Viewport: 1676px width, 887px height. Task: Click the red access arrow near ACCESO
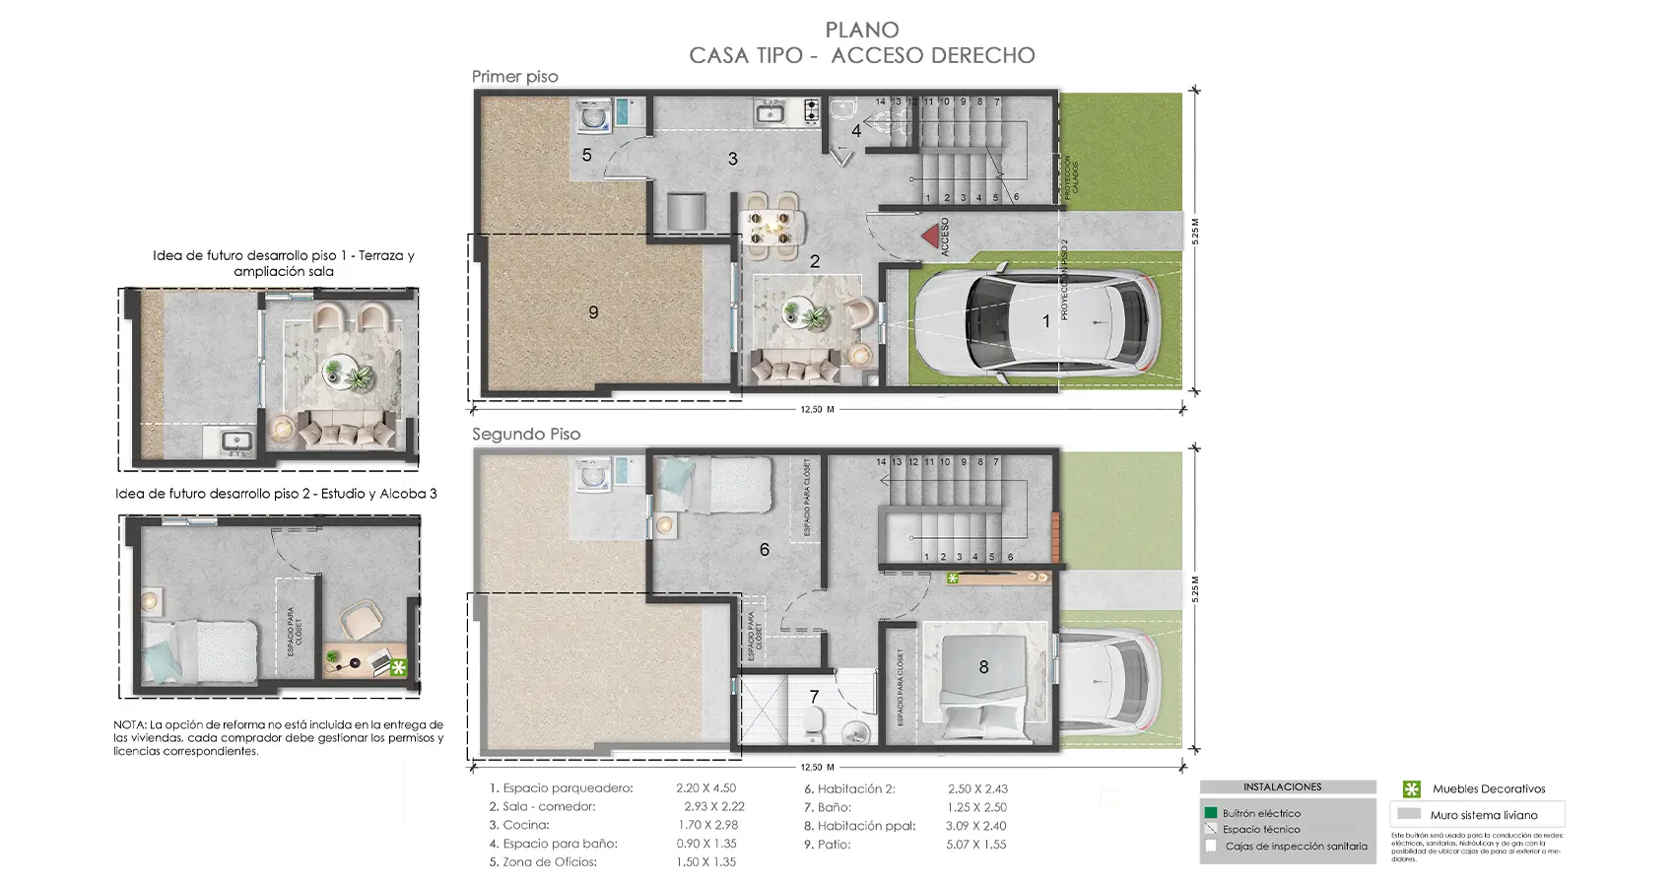928,237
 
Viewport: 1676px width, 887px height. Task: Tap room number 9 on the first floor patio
593,312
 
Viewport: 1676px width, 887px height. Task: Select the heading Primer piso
514,77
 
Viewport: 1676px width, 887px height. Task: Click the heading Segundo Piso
526,435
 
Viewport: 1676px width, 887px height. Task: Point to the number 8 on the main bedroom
983,667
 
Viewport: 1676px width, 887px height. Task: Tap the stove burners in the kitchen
811,110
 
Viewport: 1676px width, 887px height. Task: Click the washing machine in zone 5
593,118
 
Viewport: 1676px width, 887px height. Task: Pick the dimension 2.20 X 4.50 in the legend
705,788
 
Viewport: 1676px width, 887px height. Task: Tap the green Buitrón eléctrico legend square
1211,813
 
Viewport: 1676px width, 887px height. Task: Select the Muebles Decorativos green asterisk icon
1411,788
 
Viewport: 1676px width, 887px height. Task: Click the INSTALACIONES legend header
1282,787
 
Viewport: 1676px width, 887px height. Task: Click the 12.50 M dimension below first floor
817,409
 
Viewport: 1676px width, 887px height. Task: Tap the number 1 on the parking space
1046,321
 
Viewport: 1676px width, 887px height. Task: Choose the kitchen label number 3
732,159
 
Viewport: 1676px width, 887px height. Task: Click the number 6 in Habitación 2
764,550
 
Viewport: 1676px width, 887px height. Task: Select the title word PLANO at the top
862,31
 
